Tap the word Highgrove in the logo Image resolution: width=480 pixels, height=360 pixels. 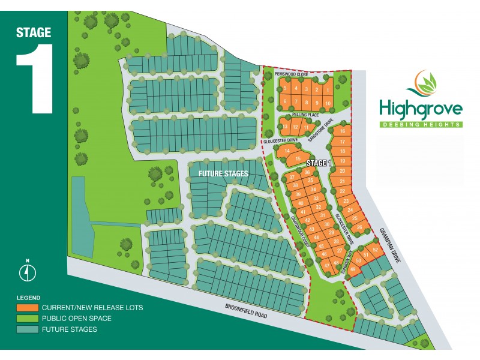point(421,110)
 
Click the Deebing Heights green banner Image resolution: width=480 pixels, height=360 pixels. point(421,124)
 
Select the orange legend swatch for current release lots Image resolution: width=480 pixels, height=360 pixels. point(26,308)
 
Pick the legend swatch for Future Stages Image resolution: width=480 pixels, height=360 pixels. point(26,329)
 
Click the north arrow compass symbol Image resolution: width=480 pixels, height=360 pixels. point(27,272)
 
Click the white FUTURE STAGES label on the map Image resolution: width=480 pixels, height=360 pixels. point(218,174)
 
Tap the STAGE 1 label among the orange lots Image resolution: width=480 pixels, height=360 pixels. point(319,163)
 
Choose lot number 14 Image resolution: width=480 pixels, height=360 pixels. point(287,151)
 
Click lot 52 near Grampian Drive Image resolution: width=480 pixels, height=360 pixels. point(375,250)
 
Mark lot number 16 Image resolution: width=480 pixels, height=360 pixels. point(342,131)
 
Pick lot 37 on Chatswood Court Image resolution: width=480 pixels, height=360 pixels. point(292,178)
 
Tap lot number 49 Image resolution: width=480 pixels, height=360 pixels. point(353,269)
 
